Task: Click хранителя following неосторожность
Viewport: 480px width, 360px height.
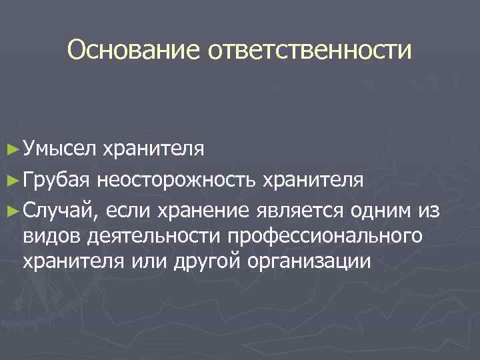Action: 313,179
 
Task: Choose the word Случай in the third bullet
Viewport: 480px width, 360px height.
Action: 61,211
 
